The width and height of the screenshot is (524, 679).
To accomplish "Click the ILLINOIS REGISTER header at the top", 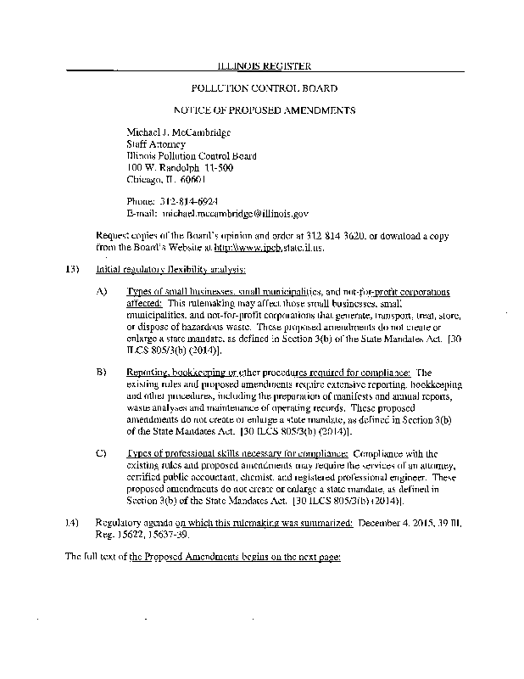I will [265, 66].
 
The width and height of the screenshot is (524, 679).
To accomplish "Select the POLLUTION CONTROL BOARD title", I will [265, 88].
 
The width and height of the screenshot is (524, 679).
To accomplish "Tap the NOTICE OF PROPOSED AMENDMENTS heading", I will [264, 110].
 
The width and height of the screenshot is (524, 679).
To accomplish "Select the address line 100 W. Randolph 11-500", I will [175, 167].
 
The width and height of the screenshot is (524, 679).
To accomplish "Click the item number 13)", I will [72, 270].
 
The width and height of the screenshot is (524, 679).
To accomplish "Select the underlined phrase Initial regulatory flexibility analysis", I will [171, 270].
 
